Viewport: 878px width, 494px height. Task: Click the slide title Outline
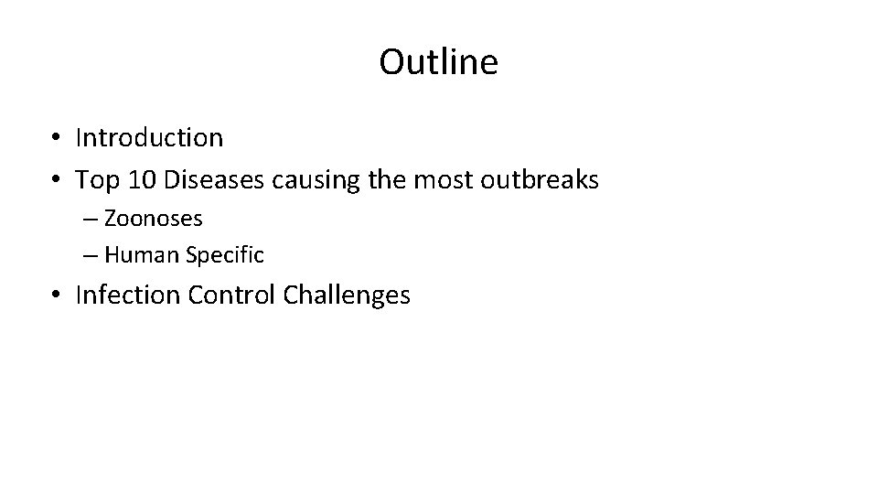(439, 62)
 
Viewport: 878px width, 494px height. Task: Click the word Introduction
(149, 138)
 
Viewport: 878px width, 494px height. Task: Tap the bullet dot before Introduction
(57, 139)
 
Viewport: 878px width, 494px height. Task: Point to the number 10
(142, 180)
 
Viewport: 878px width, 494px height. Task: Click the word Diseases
(216, 180)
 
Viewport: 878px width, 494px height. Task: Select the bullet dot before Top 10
(57, 181)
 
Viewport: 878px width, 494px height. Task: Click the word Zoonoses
(154, 220)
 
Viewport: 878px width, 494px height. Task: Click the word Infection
(129, 295)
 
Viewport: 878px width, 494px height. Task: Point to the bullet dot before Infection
(57, 296)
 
